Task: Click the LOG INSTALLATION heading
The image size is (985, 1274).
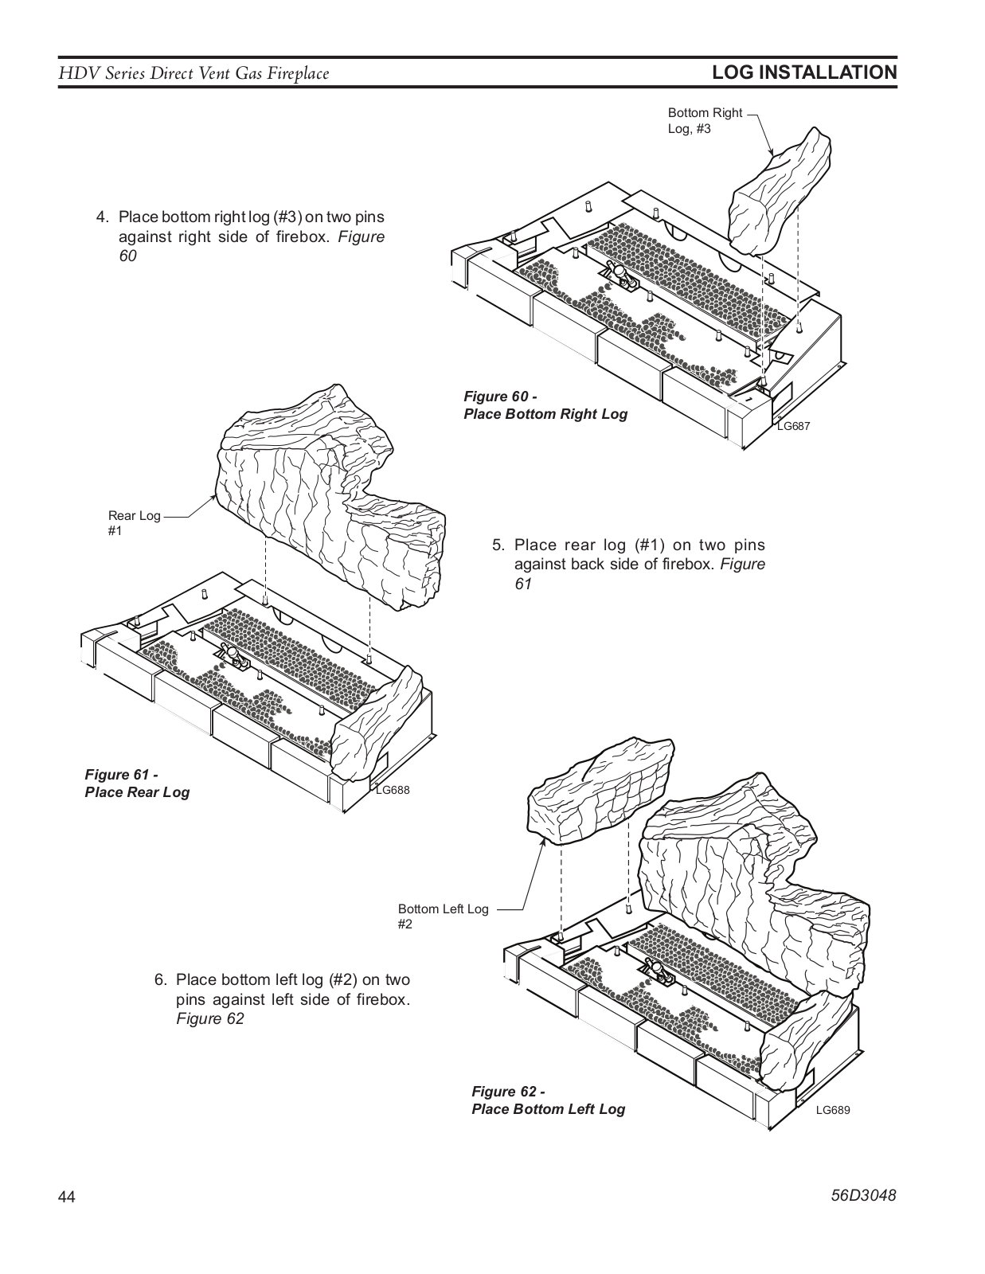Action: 804,72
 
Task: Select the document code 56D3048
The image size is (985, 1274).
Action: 864,1195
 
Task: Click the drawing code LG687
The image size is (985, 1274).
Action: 793,426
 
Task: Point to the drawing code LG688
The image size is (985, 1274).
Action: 393,790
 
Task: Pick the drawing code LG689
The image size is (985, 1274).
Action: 833,1110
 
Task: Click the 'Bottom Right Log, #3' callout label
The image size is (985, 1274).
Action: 705,121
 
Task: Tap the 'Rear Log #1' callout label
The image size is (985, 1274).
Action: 135,523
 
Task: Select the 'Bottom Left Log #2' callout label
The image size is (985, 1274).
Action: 444,916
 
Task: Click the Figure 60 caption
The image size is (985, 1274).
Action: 545,405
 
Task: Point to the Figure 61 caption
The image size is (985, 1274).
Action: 137,784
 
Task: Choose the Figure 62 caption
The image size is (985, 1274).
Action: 548,1100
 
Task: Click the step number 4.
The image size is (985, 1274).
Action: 103,217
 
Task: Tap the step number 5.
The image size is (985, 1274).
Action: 498,545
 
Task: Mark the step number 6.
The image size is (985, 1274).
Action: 161,979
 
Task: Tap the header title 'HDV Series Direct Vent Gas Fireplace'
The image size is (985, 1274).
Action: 193,73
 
